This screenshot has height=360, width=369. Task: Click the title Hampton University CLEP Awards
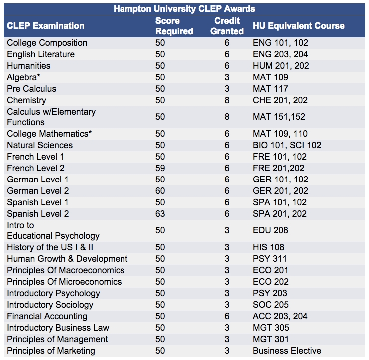(184, 9)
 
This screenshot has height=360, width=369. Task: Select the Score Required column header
(174, 26)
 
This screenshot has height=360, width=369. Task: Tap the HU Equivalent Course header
(298, 26)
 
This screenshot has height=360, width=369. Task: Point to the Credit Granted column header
(227, 26)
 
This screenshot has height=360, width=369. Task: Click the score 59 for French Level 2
(160, 168)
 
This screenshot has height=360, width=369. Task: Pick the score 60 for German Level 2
(160, 191)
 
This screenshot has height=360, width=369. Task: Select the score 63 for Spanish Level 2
(160, 214)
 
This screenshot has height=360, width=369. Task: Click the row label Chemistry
(26, 100)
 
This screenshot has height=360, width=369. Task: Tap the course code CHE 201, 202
(280, 100)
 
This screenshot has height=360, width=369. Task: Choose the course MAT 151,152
(279, 117)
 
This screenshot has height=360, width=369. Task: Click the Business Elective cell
(287, 351)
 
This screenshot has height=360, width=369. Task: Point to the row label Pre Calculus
(31, 89)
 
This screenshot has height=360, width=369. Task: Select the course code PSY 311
(269, 259)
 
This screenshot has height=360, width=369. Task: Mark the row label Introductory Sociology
(50, 305)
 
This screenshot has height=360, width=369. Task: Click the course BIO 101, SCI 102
(287, 145)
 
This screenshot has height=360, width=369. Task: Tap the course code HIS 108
(268, 247)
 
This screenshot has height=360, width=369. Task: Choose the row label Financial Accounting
(47, 316)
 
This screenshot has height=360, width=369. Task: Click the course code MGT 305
(270, 328)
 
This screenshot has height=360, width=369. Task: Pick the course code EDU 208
(270, 230)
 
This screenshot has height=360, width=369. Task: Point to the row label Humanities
(28, 66)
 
